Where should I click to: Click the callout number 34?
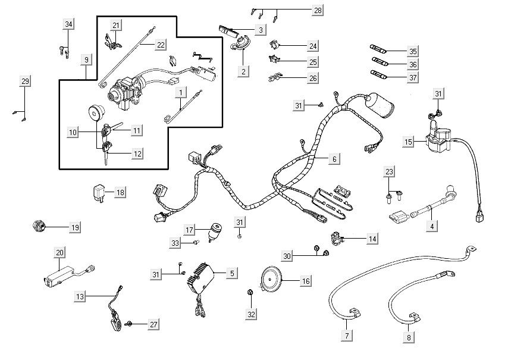click(69, 24)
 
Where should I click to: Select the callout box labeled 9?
click(87, 60)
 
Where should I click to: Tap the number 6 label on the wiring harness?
click(334, 159)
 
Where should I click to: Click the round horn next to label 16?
click(272, 280)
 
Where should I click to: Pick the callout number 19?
click(75, 227)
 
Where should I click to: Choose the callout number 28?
click(318, 11)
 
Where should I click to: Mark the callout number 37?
click(413, 77)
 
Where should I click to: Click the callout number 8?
click(409, 337)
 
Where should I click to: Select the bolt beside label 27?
click(128, 324)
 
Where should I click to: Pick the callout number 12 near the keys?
click(137, 154)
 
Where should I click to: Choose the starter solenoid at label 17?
click(215, 230)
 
